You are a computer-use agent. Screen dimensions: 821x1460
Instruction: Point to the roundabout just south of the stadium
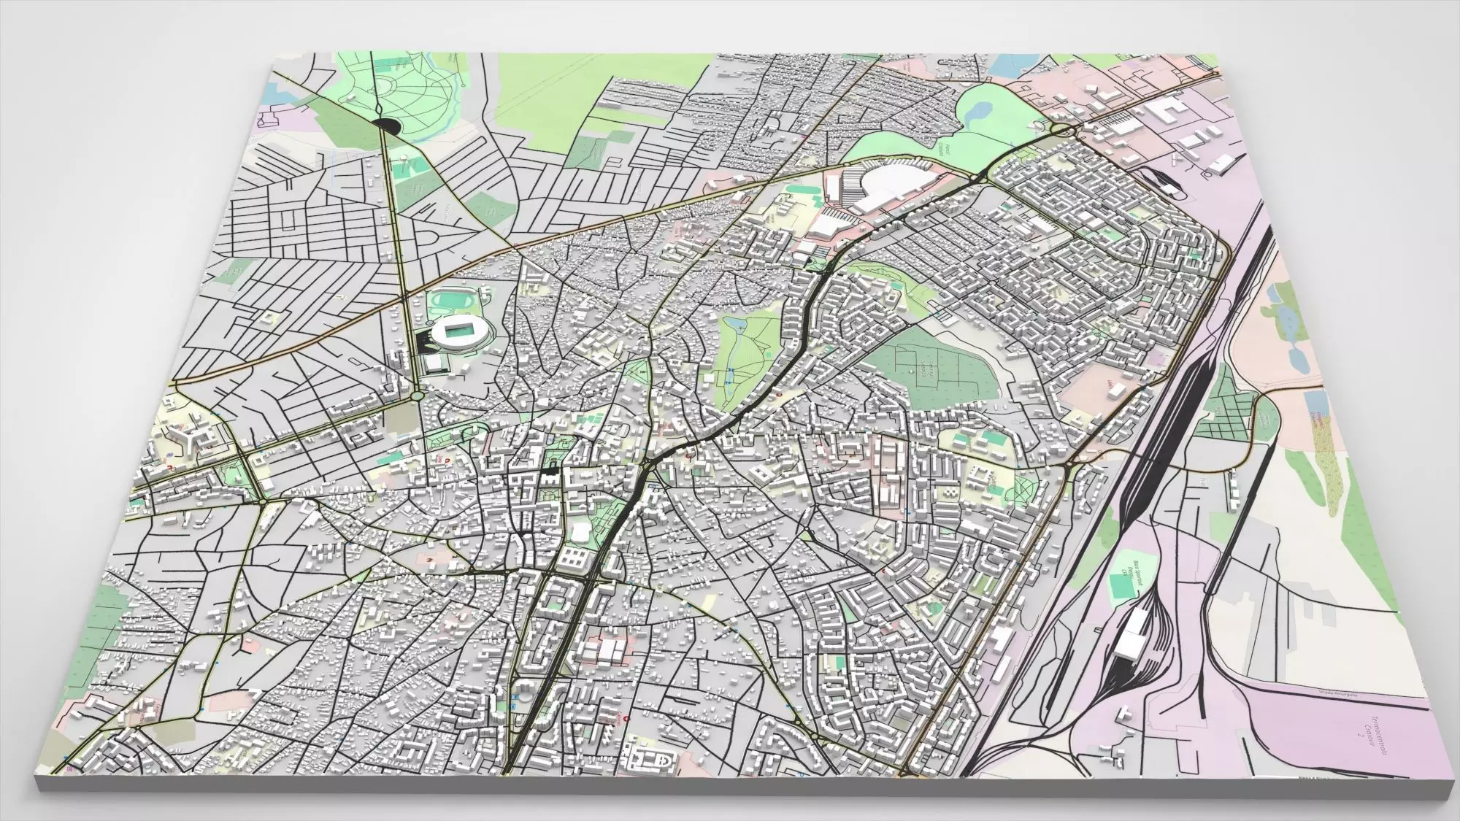417,395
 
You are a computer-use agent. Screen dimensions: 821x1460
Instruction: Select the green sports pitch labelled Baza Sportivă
1117,584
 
